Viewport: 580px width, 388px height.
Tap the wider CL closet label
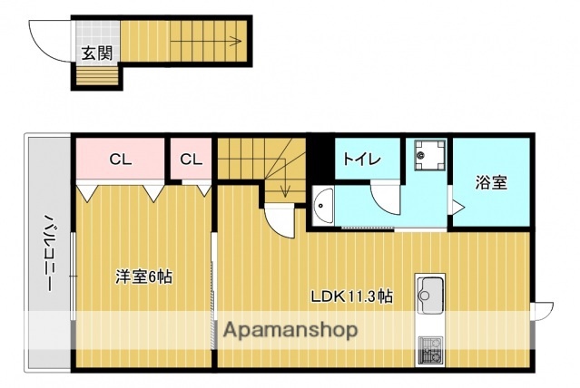click(120, 160)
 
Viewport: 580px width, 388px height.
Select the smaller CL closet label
click(190, 160)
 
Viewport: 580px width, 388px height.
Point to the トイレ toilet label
click(359, 160)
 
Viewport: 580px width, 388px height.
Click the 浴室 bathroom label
click(491, 181)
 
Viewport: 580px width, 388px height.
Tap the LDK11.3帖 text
click(351, 296)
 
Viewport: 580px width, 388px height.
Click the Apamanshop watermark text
click(285, 329)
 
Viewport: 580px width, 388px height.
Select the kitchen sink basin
click(428, 295)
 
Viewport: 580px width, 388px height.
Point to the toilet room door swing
click(386, 199)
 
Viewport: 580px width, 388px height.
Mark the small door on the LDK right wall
click(542, 310)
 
